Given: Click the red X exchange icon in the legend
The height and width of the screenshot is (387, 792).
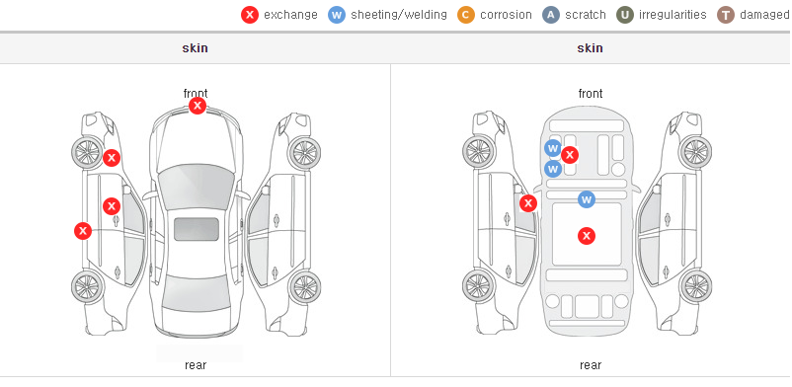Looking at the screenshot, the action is (250, 15).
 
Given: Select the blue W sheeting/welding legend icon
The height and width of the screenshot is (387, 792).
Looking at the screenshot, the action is (337, 15).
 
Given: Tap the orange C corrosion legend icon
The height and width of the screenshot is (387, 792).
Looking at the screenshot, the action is (466, 15).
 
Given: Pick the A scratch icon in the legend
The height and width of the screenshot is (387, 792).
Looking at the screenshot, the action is (551, 15).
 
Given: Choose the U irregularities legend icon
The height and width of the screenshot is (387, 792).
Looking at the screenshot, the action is (625, 15).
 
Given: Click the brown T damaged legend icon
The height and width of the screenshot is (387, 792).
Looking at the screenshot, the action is (725, 15).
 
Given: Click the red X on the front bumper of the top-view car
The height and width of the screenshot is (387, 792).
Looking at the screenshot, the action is (198, 106).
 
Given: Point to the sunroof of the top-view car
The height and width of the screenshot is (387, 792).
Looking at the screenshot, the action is (197, 229).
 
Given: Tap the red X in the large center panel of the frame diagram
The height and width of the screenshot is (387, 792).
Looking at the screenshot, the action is (587, 235).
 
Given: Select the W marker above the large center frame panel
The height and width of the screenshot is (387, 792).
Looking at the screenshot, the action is (587, 199).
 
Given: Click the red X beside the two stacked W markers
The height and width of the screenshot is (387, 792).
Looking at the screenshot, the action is (570, 155).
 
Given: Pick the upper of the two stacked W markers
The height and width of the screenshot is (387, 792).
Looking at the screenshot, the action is (553, 148).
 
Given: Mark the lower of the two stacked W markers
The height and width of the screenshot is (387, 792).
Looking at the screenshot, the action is (553, 168).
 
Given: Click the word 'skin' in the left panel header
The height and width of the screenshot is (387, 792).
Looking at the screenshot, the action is (195, 48).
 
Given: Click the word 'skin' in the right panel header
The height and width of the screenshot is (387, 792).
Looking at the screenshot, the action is (590, 48).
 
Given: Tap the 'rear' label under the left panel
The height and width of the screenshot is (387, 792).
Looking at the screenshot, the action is (196, 365).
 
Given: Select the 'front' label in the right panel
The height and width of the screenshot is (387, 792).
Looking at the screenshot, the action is (591, 94).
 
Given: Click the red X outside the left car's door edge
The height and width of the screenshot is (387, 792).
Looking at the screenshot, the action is (83, 231).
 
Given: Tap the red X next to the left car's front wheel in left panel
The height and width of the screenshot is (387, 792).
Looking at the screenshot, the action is (112, 158).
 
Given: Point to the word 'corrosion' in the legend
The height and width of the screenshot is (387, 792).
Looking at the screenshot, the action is (506, 15).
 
